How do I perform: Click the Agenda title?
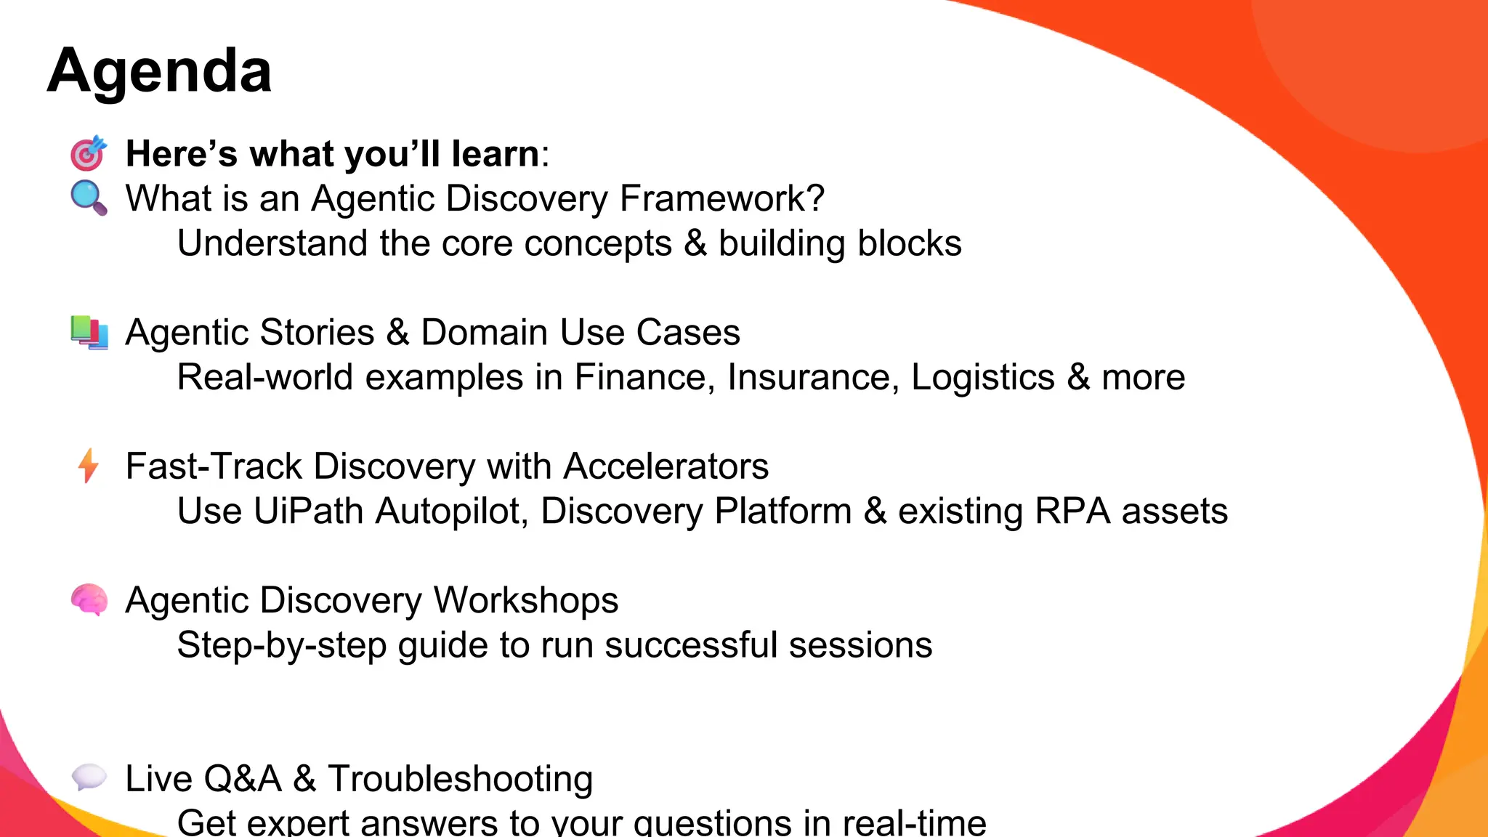159,71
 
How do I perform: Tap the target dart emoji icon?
89,153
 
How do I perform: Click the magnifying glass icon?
89,198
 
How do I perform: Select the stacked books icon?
89,333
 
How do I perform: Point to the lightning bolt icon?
88,466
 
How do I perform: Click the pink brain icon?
89,600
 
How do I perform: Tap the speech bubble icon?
89,777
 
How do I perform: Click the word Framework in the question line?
722,198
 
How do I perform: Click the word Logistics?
982,378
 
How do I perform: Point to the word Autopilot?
451,511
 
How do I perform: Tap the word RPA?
1072,511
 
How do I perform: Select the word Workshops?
526,601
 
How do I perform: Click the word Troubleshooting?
460,779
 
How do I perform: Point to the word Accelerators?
666,466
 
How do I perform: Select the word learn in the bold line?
495,154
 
